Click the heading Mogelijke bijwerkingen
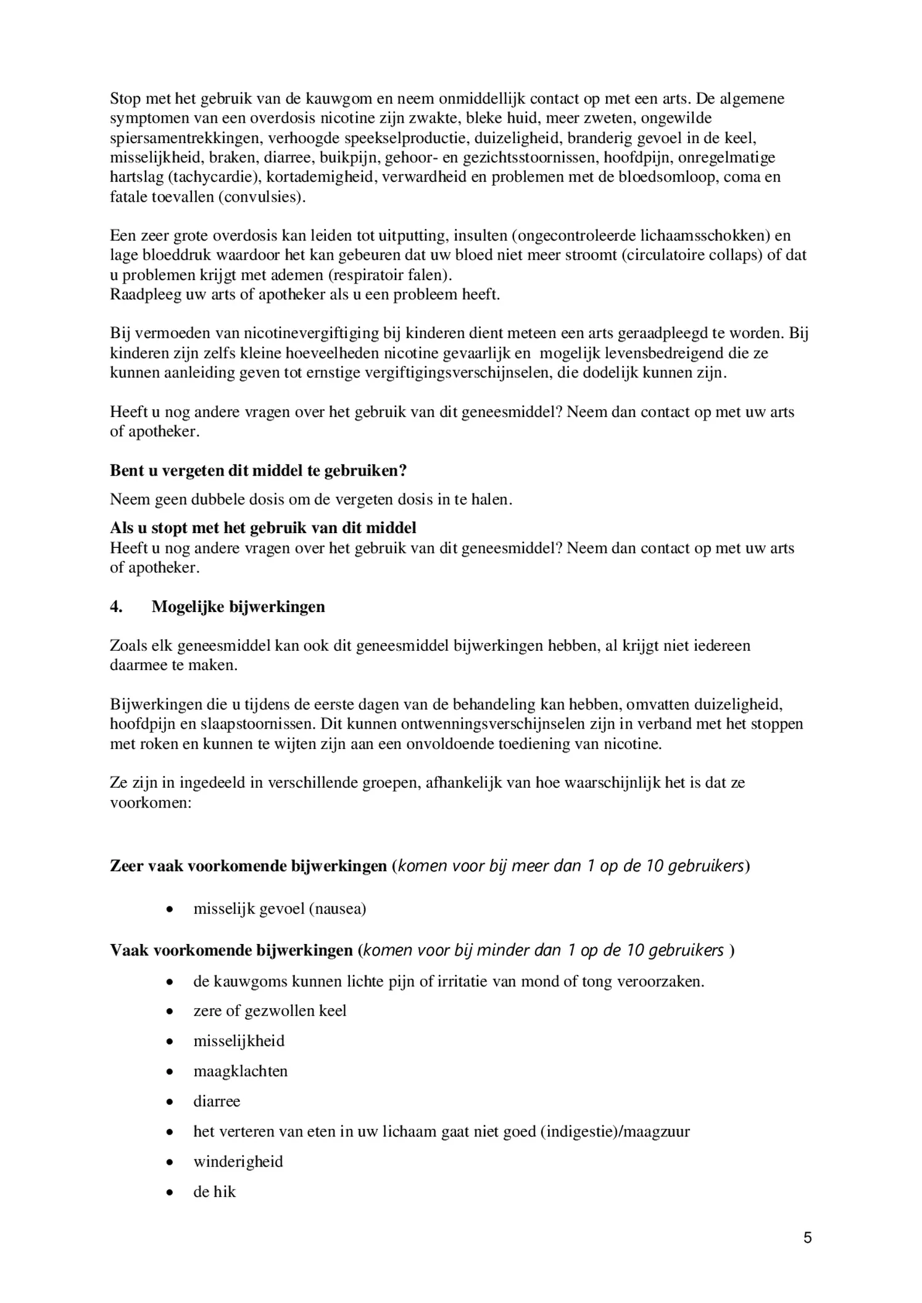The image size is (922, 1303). [238, 607]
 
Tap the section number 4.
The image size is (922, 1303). [116, 607]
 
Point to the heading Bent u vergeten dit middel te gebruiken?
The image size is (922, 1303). [258, 471]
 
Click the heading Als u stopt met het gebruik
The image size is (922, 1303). [262, 528]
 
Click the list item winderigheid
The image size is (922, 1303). [238, 1162]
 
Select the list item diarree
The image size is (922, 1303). [217, 1101]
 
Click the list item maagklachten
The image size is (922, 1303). [240, 1071]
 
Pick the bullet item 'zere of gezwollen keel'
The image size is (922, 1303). [270, 1011]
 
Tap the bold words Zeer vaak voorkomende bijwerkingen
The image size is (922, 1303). [248, 866]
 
